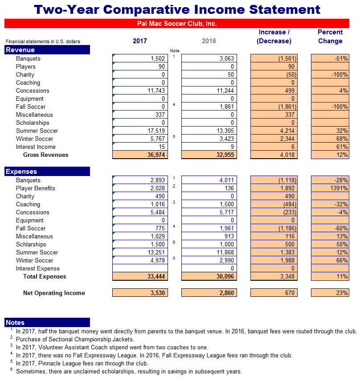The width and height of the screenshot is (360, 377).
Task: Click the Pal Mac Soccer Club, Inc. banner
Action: (176, 24)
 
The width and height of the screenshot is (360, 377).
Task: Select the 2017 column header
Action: (139, 41)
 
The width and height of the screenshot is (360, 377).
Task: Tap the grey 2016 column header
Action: (209, 41)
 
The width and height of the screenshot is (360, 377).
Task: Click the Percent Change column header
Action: (330, 37)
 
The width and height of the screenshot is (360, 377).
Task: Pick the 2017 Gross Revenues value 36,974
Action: (140, 155)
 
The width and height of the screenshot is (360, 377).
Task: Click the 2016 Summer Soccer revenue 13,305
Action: (209, 131)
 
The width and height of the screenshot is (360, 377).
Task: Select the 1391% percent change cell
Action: (330, 188)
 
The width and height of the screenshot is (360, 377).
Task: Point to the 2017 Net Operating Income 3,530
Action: (140, 293)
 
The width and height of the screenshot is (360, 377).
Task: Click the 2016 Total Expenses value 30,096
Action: (209, 277)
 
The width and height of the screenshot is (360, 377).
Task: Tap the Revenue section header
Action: (47, 50)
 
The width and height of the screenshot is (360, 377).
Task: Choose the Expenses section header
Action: (47, 172)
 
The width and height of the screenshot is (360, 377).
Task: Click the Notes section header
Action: (47, 323)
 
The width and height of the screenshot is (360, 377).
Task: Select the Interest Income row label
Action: (36, 147)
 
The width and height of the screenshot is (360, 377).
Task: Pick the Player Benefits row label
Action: (36, 188)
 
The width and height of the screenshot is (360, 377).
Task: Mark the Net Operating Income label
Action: (54, 293)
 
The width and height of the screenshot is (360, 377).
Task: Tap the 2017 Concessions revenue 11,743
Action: (140, 91)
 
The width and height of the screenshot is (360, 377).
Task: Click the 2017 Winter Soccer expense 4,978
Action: (140, 261)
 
